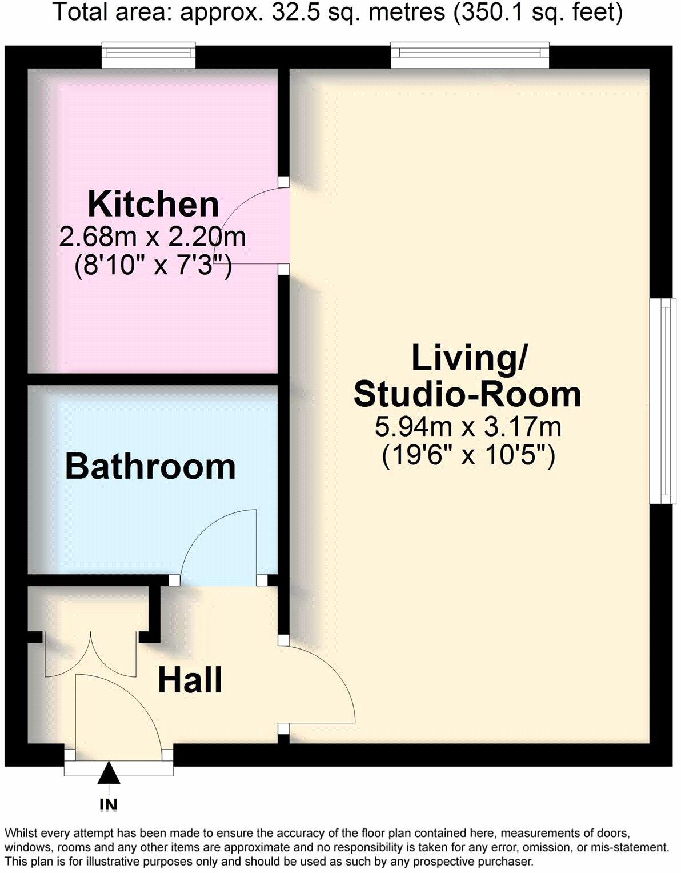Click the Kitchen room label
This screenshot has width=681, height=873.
tap(153, 204)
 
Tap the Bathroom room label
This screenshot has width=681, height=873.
tap(150, 466)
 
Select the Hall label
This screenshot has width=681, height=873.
tap(190, 680)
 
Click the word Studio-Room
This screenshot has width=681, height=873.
tap(467, 394)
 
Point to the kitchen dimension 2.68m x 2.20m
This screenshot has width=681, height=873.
tap(153, 237)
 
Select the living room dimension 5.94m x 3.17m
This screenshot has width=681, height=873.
tap(468, 426)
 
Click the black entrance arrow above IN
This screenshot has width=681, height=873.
tap(108, 774)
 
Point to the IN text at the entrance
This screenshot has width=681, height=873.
tap(108, 804)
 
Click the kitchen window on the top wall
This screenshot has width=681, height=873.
tap(149, 55)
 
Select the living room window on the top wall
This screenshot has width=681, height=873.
tap(470, 55)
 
